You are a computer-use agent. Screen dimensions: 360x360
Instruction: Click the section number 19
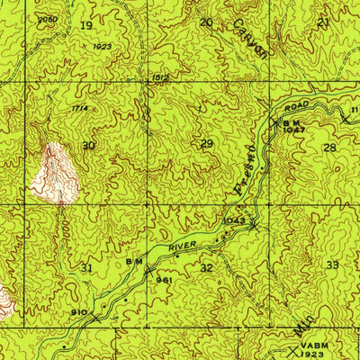[86, 26]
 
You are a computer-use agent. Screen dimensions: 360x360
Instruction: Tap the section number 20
[206, 22]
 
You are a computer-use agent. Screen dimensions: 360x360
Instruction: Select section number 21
[324, 20]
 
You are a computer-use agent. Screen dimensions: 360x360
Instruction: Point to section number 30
[87, 145]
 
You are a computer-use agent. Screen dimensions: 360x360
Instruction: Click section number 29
[208, 144]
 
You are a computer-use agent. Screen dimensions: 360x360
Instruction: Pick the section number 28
[330, 147]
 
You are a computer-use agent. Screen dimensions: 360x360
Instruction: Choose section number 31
[86, 267]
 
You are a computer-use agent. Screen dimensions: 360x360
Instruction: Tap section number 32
[207, 267]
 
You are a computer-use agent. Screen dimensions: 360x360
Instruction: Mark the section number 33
[333, 265]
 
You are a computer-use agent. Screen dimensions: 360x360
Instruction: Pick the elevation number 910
[78, 312]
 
